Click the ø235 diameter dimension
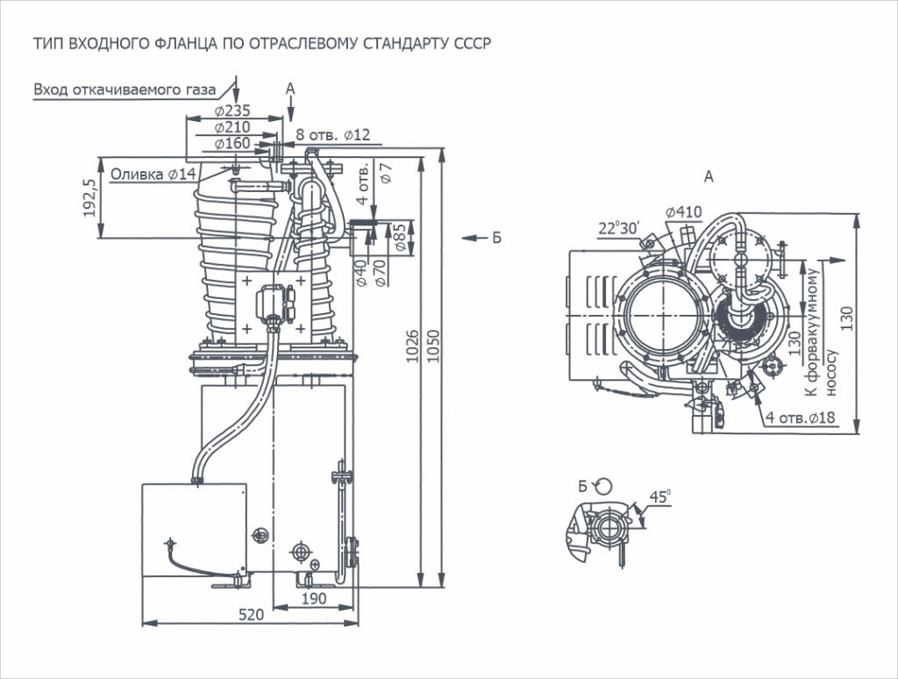tap(232, 111)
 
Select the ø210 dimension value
tap(232, 127)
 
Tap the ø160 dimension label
tap(232, 143)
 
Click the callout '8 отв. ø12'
tap(333, 134)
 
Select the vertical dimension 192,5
tap(89, 197)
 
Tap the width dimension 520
tap(251, 615)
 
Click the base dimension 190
tap(314, 598)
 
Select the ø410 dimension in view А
tap(683, 211)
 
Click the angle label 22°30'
tap(619, 228)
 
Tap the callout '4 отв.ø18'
tap(799, 418)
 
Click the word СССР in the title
tap(469, 42)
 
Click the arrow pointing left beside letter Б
tap(470, 238)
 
